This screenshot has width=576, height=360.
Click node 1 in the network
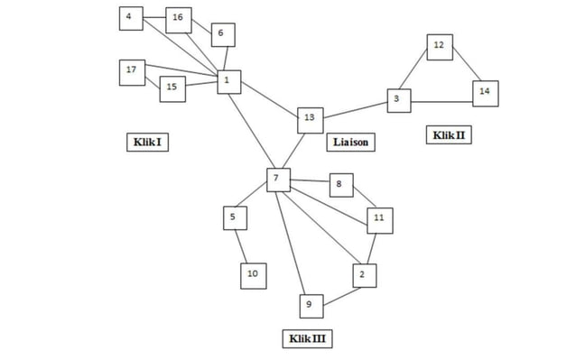(x=228, y=82)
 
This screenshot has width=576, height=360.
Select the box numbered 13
(x=310, y=118)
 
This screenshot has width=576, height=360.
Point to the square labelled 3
(x=398, y=100)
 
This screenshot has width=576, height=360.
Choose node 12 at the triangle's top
(x=439, y=46)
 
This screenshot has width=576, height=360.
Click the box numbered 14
(x=485, y=92)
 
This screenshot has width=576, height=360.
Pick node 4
(x=131, y=17)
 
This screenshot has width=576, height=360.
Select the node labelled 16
(x=178, y=18)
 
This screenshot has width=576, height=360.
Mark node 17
(x=132, y=71)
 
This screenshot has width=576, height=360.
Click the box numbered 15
(x=172, y=88)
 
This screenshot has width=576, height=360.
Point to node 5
(x=235, y=217)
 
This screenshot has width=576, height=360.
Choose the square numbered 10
(x=253, y=274)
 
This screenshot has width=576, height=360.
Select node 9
(x=309, y=307)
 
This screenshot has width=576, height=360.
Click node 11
(x=379, y=219)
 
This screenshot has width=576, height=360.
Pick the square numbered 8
(x=339, y=185)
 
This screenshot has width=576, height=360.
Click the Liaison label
(x=350, y=142)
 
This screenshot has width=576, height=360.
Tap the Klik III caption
(x=308, y=338)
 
